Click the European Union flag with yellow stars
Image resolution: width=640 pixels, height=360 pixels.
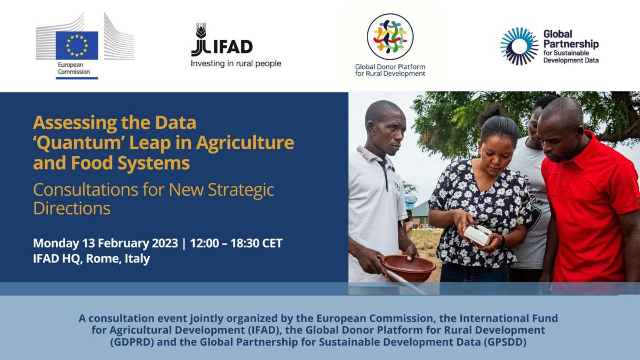tap(77, 45)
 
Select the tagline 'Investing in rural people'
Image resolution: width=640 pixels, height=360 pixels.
tap(236, 64)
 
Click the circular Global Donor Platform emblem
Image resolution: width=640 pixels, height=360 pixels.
tap(390, 36)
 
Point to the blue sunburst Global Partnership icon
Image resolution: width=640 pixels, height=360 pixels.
tap(519, 46)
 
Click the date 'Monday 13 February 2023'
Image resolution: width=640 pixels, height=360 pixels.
tap(105, 243)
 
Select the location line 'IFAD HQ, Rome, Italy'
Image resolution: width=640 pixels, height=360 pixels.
tap(91, 259)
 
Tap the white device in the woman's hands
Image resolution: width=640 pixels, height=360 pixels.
tap(477, 235)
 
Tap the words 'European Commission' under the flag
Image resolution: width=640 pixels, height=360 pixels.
tap(74, 68)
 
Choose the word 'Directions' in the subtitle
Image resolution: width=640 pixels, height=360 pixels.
tap(71, 208)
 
